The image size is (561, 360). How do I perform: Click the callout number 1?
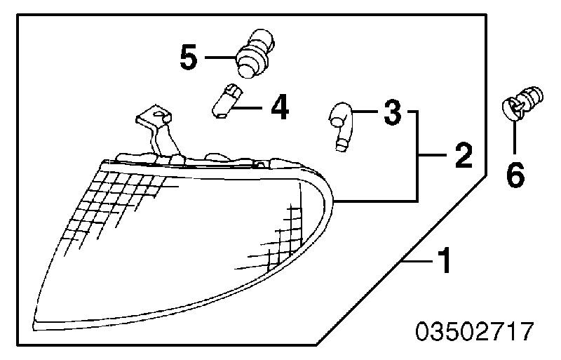tap(445, 260)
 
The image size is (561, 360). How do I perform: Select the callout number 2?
tap(464, 155)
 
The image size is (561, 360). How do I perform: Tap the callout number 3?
tap(393, 112)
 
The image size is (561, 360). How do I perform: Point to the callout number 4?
tap(280, 107)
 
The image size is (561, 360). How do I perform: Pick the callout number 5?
tap(189, 57)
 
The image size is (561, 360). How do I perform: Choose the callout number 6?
tap(515, 175)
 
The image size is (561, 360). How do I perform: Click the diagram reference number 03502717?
tap(475, 331)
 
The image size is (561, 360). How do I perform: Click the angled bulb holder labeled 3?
tap(342, 126)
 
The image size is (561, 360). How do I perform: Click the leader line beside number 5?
tap(220, 57)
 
